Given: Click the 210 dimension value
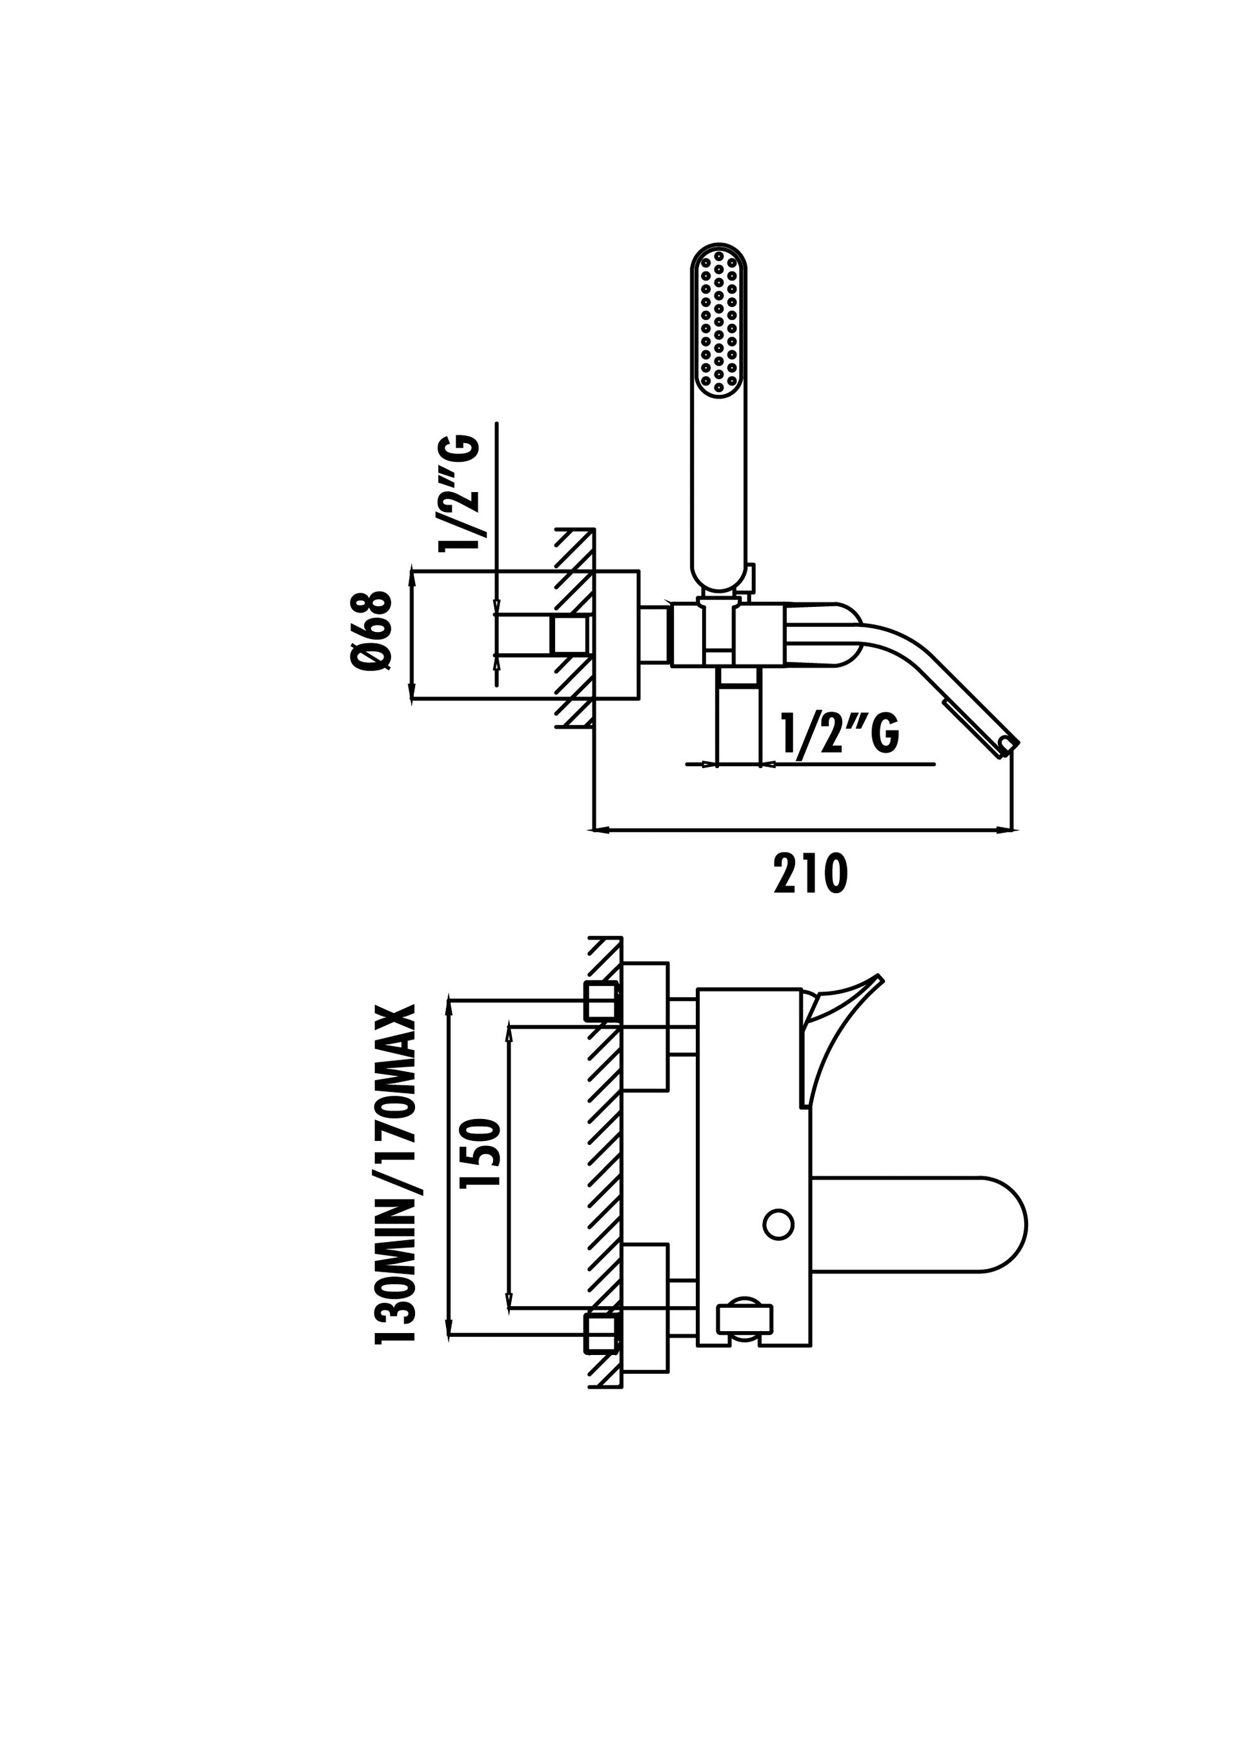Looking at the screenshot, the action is tap(810, 873).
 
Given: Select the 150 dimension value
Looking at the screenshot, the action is tap(480, 1163).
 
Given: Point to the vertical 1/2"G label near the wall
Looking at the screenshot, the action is tap(459, 493).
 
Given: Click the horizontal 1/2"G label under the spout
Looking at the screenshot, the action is tap(840, 733).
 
